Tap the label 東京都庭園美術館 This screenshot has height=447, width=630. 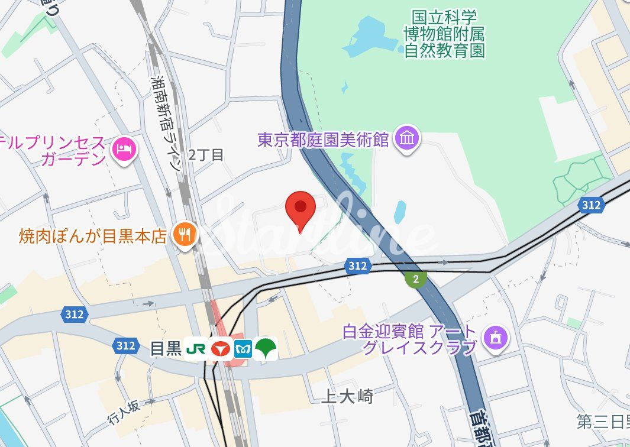(323, 140)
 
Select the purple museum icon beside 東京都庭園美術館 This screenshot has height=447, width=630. (408, 140)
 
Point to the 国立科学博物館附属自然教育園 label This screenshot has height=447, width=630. (445, 34)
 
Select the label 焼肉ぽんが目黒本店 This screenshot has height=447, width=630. (93, 237)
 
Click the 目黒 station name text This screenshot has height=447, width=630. (166, 349)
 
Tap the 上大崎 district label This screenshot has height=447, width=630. (347, 396)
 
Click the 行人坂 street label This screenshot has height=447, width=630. (124, 412)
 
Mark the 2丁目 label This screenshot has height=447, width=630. (206, 156)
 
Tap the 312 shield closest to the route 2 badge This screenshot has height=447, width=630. (357, 266)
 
